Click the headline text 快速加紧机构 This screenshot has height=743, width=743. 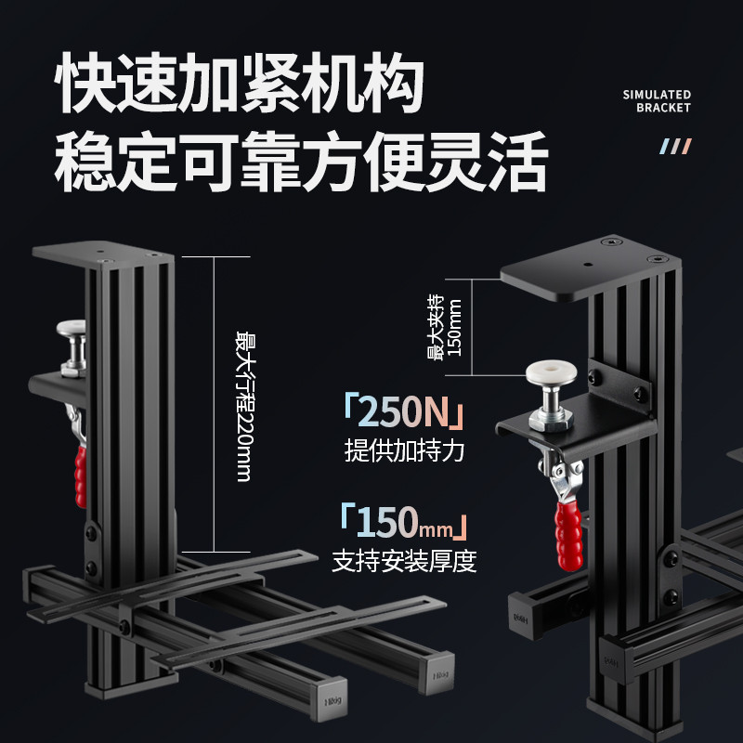(x=240, y=82)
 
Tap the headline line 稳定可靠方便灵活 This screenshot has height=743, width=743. (x=301, y=161)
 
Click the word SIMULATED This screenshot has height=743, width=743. (x=657, y=95)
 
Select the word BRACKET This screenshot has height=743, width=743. (x=663, y=108)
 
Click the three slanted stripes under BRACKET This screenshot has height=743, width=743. (x=676, y=147)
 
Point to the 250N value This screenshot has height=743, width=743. (x=403, y=411)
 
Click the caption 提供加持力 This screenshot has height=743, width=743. (x=404, y=450)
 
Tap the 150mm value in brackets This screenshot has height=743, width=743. (x=404, y=522)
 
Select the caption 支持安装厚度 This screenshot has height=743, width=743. (x=404, y=561)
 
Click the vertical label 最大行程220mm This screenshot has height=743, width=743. (x=243, y=406)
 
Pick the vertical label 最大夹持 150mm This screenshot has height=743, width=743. (x=444, y=327)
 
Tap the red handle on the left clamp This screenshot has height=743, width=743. (x=81, y=476)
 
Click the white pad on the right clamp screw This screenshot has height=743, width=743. (x=551, y=372)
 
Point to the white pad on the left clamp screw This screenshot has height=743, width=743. (x=72, y=328)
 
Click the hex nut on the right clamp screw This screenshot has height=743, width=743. (x=552, y=421)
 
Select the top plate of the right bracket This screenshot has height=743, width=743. (x=591, y=267)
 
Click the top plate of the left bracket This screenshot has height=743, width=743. (x=103, y=255)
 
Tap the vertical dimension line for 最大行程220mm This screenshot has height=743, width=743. (x=215, y=404)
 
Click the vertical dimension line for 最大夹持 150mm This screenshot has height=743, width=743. (x=472, y=327)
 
